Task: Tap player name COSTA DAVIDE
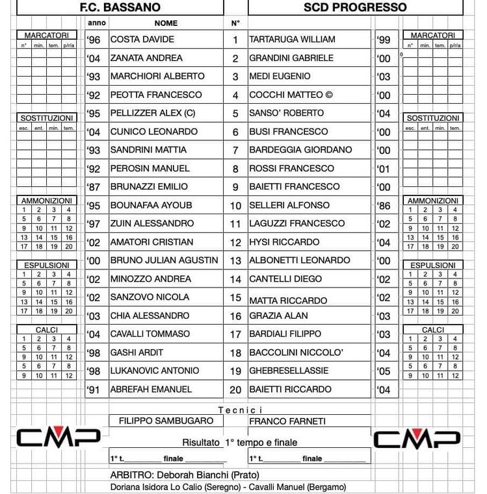142,40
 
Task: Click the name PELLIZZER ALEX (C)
153,113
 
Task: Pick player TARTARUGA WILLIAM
293,40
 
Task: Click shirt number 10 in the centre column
235,205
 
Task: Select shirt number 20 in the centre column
235,389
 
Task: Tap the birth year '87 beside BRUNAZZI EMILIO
94,187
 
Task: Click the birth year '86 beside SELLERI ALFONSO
384,205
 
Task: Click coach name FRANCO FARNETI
287,421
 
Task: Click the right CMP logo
417,439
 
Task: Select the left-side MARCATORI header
46,35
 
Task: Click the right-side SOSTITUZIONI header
433,118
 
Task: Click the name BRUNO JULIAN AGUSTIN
165,260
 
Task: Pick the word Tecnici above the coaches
241,410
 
